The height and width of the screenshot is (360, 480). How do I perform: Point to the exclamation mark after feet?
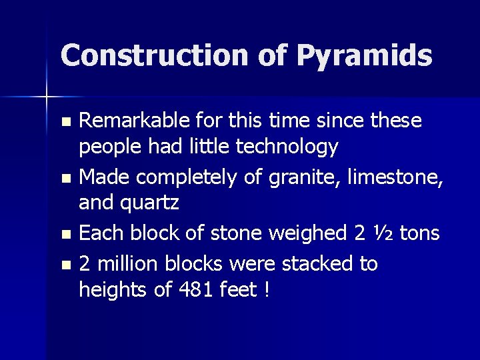click(x=266, y=291)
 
